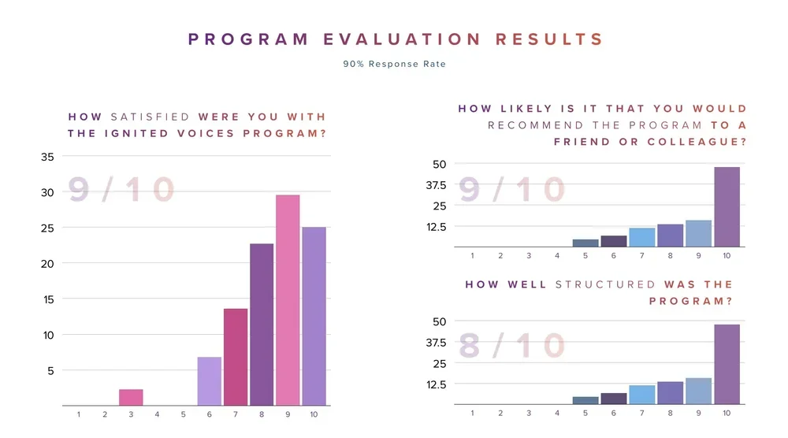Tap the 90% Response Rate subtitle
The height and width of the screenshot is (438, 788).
point(394,64)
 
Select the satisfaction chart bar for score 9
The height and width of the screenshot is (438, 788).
point(288,300)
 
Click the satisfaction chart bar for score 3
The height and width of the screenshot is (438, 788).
point(131,398)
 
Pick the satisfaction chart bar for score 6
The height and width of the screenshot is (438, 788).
point(210,381)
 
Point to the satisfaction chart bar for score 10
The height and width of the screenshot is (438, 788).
point(314,316)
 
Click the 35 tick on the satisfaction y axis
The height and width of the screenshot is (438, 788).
point(47,157)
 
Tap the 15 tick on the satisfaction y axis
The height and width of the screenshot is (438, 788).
point(47,299)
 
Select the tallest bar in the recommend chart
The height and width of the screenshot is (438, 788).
point(727,207)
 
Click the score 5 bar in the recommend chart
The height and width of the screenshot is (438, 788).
point(585,243)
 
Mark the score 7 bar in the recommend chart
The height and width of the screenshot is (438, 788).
point(642,237)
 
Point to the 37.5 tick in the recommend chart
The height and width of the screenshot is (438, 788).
point(436,185)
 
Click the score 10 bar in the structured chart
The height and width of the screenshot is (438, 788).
point(727,365)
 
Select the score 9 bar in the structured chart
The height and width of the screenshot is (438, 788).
point(698,392)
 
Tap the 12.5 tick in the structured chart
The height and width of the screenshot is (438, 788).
point(436,384)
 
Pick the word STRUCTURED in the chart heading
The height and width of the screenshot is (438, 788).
point(605,284)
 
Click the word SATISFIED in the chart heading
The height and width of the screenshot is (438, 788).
point(151,117)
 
